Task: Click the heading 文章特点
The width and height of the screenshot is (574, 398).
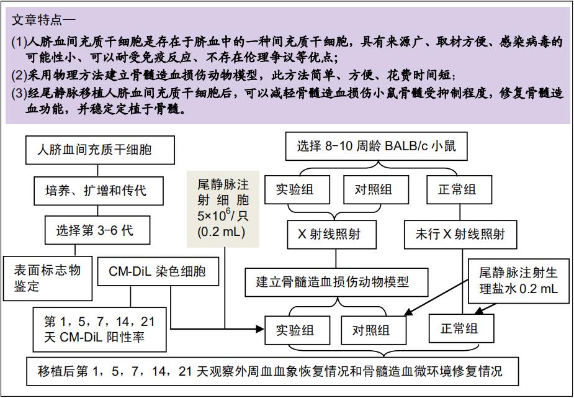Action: tap(36, 20)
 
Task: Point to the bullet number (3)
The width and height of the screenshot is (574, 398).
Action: tap(19, 94)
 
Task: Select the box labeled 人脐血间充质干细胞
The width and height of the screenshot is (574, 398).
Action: tap(100, 150)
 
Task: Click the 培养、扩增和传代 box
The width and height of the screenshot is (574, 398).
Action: tap(99, 191)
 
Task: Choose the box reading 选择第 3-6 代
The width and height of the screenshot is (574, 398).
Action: tap(97, 230)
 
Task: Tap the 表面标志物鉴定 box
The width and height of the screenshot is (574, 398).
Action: tap(48, 278)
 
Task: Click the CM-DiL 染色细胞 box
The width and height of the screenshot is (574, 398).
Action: tap(158, 271)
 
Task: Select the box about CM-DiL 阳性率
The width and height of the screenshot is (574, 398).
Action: tap(99, 330)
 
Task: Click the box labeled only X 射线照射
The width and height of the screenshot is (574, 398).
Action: tap(331, 234)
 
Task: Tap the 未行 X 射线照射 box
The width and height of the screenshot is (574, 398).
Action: tap(460, 234)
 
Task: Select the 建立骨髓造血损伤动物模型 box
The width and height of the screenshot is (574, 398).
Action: tap(336, 283)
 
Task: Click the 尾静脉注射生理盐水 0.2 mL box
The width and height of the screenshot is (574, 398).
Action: tap(519, 281)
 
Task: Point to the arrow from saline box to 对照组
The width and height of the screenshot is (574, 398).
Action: tap(437, 296)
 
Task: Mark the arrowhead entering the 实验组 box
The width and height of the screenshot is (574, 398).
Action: tap(260, 329)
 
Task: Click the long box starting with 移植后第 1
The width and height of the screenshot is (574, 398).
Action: tap(272, 371)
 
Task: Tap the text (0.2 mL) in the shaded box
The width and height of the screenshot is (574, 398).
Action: tap(221, 232)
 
